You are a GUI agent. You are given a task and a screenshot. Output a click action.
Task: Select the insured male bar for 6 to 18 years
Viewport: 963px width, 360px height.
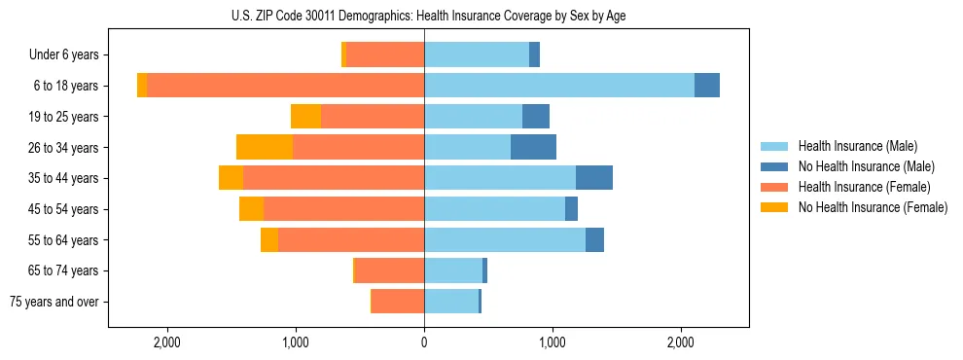(558, 86)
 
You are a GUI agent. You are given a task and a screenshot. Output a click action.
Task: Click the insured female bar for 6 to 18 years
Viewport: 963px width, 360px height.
(285, 86)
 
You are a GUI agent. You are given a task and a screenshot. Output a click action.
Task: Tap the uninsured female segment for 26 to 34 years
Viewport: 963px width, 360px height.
(265, 147)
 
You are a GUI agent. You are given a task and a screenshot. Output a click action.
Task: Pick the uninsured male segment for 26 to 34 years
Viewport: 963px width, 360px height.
(533, 147)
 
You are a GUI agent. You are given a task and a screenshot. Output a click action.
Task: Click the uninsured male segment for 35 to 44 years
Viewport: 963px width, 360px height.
(593, 178)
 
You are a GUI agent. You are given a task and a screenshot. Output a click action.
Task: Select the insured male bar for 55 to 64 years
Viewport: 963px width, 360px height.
(504, 239)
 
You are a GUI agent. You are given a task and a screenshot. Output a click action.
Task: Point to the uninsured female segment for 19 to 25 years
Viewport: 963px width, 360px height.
(305, 117)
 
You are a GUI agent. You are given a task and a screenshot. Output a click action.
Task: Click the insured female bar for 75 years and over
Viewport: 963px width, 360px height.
(398, 302)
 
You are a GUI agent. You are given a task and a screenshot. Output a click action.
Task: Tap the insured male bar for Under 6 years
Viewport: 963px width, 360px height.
(477, 55)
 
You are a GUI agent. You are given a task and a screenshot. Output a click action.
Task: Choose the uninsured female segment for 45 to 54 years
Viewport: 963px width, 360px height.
(251, 209)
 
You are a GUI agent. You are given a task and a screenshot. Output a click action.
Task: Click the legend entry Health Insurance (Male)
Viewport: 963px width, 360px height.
(857, 146)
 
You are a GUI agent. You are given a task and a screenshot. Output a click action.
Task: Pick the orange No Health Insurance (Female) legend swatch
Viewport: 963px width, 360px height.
(775, 207)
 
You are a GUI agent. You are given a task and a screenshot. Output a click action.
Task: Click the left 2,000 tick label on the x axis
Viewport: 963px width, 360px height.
(167, 342)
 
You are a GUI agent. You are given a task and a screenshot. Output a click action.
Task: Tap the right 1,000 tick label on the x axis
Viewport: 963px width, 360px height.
(553, 342)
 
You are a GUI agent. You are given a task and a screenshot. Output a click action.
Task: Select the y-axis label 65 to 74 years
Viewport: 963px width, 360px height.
(64, 270)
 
